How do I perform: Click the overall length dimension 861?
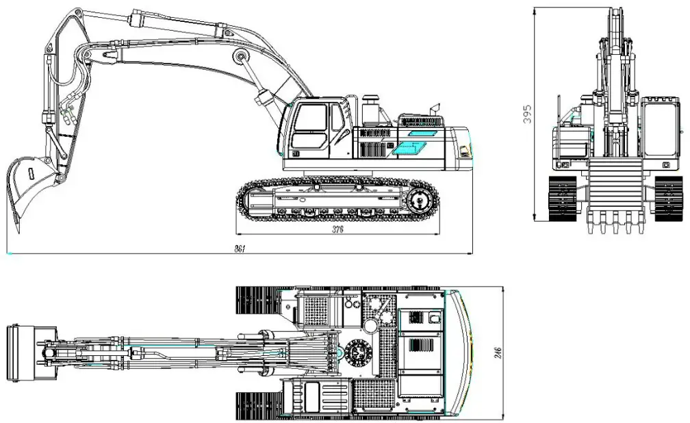pos(240,248)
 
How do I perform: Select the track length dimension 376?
pos(337,230)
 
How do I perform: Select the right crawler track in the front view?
pos(667,198)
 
